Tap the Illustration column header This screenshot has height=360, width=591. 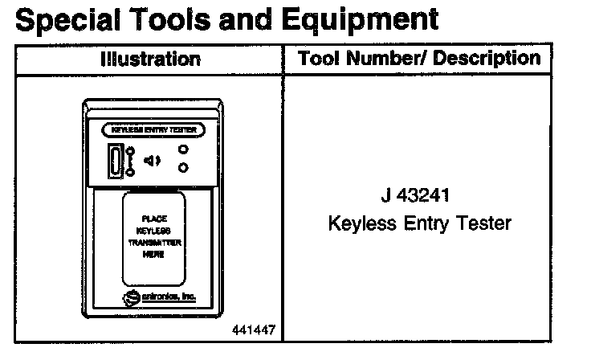150,59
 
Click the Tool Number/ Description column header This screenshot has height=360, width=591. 418,58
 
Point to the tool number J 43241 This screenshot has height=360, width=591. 418,195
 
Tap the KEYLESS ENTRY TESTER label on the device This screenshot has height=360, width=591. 154,129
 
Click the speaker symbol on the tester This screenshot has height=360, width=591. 153,160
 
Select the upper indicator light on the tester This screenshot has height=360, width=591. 184,149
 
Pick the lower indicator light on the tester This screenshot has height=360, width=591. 184,167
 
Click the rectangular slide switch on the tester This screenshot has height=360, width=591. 117,160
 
